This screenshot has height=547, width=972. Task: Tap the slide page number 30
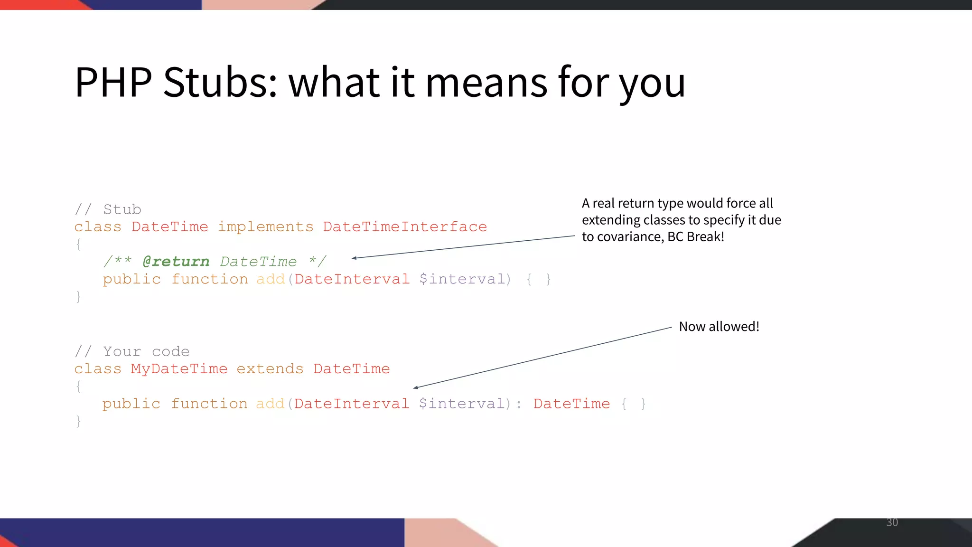pos(892,522)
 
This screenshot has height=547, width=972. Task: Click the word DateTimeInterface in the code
pos(405,227)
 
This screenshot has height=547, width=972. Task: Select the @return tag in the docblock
pos(176,262)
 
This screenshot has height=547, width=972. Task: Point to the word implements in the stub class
pos(265,227)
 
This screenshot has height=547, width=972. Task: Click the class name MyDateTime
pos(179,369)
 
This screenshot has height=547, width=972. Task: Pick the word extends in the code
pos(270,369)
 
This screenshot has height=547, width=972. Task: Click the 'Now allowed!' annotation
pos(719,327)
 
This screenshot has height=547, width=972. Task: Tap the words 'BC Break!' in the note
pos(695,236)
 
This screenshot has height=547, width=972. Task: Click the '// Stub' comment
pos(108,209)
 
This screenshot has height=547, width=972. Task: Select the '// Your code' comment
pos(132,351)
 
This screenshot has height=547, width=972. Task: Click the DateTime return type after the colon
pos(571,404)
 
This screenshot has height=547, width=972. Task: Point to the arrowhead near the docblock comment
pos(354,258)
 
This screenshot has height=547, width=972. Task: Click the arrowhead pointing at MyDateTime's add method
pos(416,387)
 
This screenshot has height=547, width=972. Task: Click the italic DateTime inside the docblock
pos(258,262)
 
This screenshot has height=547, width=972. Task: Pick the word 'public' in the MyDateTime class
pos(131,404)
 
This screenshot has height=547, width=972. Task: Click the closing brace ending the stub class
pos(78,297)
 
